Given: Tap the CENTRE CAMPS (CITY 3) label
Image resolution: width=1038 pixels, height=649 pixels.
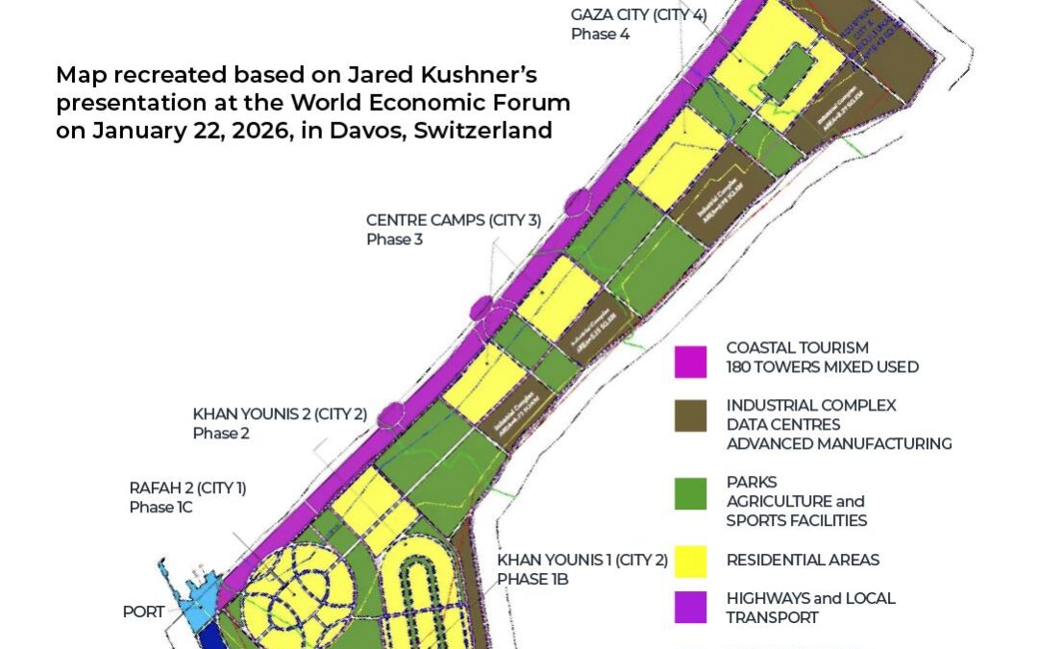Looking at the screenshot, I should (454, 220).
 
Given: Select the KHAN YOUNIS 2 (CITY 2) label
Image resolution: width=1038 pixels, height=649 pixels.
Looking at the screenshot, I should (280, 413).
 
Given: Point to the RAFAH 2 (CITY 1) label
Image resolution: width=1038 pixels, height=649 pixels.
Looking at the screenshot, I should (187, 488).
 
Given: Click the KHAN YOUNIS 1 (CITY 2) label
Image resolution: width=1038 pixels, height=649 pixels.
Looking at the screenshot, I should (581, 560).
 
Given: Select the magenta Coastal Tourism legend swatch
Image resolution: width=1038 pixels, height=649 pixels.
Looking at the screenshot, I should (690, 358).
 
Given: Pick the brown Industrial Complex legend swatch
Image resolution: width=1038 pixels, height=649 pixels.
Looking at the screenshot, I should (690, 415).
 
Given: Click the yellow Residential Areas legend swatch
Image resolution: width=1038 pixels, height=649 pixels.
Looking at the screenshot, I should (690, 561).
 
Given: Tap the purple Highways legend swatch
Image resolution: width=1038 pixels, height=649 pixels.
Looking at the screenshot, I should (690, 608).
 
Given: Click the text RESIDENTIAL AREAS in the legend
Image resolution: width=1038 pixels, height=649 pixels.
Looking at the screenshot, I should (803, 560).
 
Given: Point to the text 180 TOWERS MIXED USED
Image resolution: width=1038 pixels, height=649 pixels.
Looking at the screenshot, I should (822, 366).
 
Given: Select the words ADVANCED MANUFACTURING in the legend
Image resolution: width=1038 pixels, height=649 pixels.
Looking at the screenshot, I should (839, 443).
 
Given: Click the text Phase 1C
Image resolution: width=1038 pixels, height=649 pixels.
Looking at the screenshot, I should (161, 507).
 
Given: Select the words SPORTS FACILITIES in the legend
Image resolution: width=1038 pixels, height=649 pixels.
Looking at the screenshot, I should (797, 520).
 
